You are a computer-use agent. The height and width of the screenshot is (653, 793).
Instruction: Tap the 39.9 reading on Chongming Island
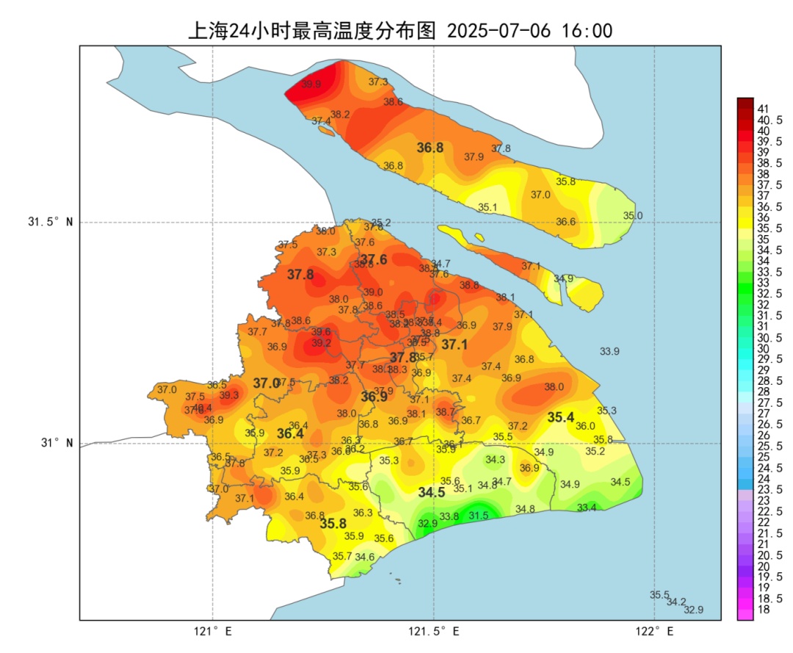coord(311,84)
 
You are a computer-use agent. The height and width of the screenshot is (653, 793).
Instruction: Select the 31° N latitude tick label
coord(56,444)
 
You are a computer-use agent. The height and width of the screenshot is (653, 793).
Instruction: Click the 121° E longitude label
coord(214,632)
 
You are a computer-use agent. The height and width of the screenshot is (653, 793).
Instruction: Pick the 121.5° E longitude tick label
coord(435,632)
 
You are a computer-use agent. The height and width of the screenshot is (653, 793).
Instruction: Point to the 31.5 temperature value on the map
coord(479,516)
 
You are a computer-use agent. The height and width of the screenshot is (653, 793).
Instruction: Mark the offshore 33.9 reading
coord(609,351)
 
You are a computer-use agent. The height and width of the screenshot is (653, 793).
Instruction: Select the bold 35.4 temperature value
coord(561,417)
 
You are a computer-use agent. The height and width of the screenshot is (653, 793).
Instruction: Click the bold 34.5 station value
coord(432,493)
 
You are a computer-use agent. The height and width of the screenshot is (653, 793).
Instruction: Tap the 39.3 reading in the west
coord(229,395)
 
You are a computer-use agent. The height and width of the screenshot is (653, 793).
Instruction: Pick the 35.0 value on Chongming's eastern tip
coord(633,215)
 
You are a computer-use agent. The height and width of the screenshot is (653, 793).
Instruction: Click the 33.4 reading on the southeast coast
coord(587,508)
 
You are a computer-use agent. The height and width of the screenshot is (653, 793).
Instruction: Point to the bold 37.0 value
coord(266,383)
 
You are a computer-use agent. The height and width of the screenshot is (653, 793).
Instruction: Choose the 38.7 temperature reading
coord(445,412)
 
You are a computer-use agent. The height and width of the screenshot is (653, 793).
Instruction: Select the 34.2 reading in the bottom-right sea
coord(676,602)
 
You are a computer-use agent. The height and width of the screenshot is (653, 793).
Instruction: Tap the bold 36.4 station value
coord(290,434)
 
